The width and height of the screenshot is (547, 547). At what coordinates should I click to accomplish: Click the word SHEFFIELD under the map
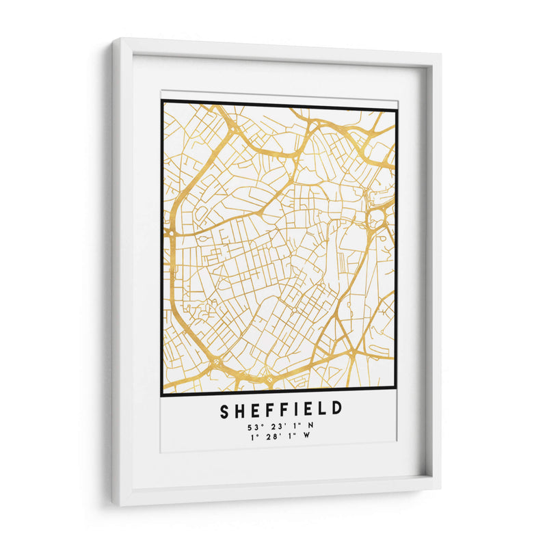coord(280,410)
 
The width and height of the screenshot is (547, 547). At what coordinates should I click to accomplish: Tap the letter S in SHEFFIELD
coord(225,410)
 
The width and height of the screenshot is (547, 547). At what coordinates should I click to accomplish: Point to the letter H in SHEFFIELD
coord(240,410)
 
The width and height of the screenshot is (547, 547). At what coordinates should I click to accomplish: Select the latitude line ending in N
coord(280,427)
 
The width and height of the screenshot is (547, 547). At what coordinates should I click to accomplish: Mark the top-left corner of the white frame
coord(114,39)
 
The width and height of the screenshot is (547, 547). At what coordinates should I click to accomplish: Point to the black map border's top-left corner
coord(162,101)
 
